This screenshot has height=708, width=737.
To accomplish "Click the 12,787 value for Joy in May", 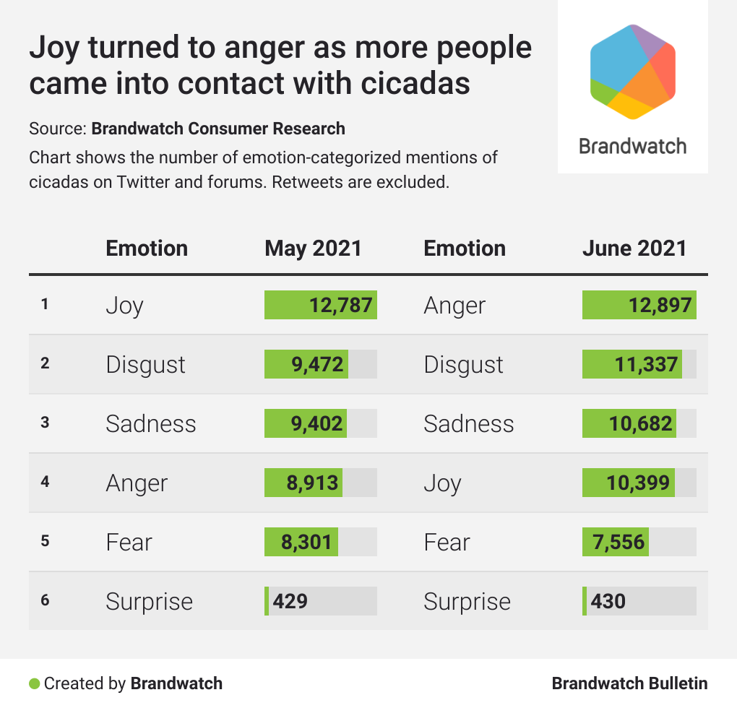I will pyautogui.click(x=341, y=305).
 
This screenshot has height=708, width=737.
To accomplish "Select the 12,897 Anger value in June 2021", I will pyautogui.click(x=659, y=305).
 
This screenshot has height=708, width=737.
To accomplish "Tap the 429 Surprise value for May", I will pyautogui.click(x=290, y=601).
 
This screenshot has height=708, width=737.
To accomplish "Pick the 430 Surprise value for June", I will pyautogui.click(x=608, y=601).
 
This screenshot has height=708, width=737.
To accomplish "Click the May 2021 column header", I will pyautogui.click(x=313, y=249).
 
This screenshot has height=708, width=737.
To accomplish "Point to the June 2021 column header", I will pyautogui.click(x=634, y=249).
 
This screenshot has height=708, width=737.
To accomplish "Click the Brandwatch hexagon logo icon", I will pyautogui.click(x=633, y=71).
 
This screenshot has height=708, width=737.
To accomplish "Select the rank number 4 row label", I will pyautogui.click(x=45, y=482).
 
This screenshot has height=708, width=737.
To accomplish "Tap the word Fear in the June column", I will pyautogui.click(x=447, y=542).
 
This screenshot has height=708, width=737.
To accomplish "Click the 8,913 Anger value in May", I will pyautogui.click(x=312, y=483).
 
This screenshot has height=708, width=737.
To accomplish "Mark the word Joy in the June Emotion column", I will pyautogui.click(x=442, y=483).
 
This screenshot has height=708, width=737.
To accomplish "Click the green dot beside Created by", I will pyautogui.click(x=34, y=683).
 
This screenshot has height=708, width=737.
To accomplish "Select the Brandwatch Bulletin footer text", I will pyautogui.click(x=629, y=683).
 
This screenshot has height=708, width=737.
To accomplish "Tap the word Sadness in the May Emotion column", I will pyautogui.click(x=150, y=423).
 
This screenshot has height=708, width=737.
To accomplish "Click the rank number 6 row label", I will pyautogui.click(x=45, y=600).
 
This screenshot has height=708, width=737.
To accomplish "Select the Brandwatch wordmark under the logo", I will pyautogui.click(x=633, y=146).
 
